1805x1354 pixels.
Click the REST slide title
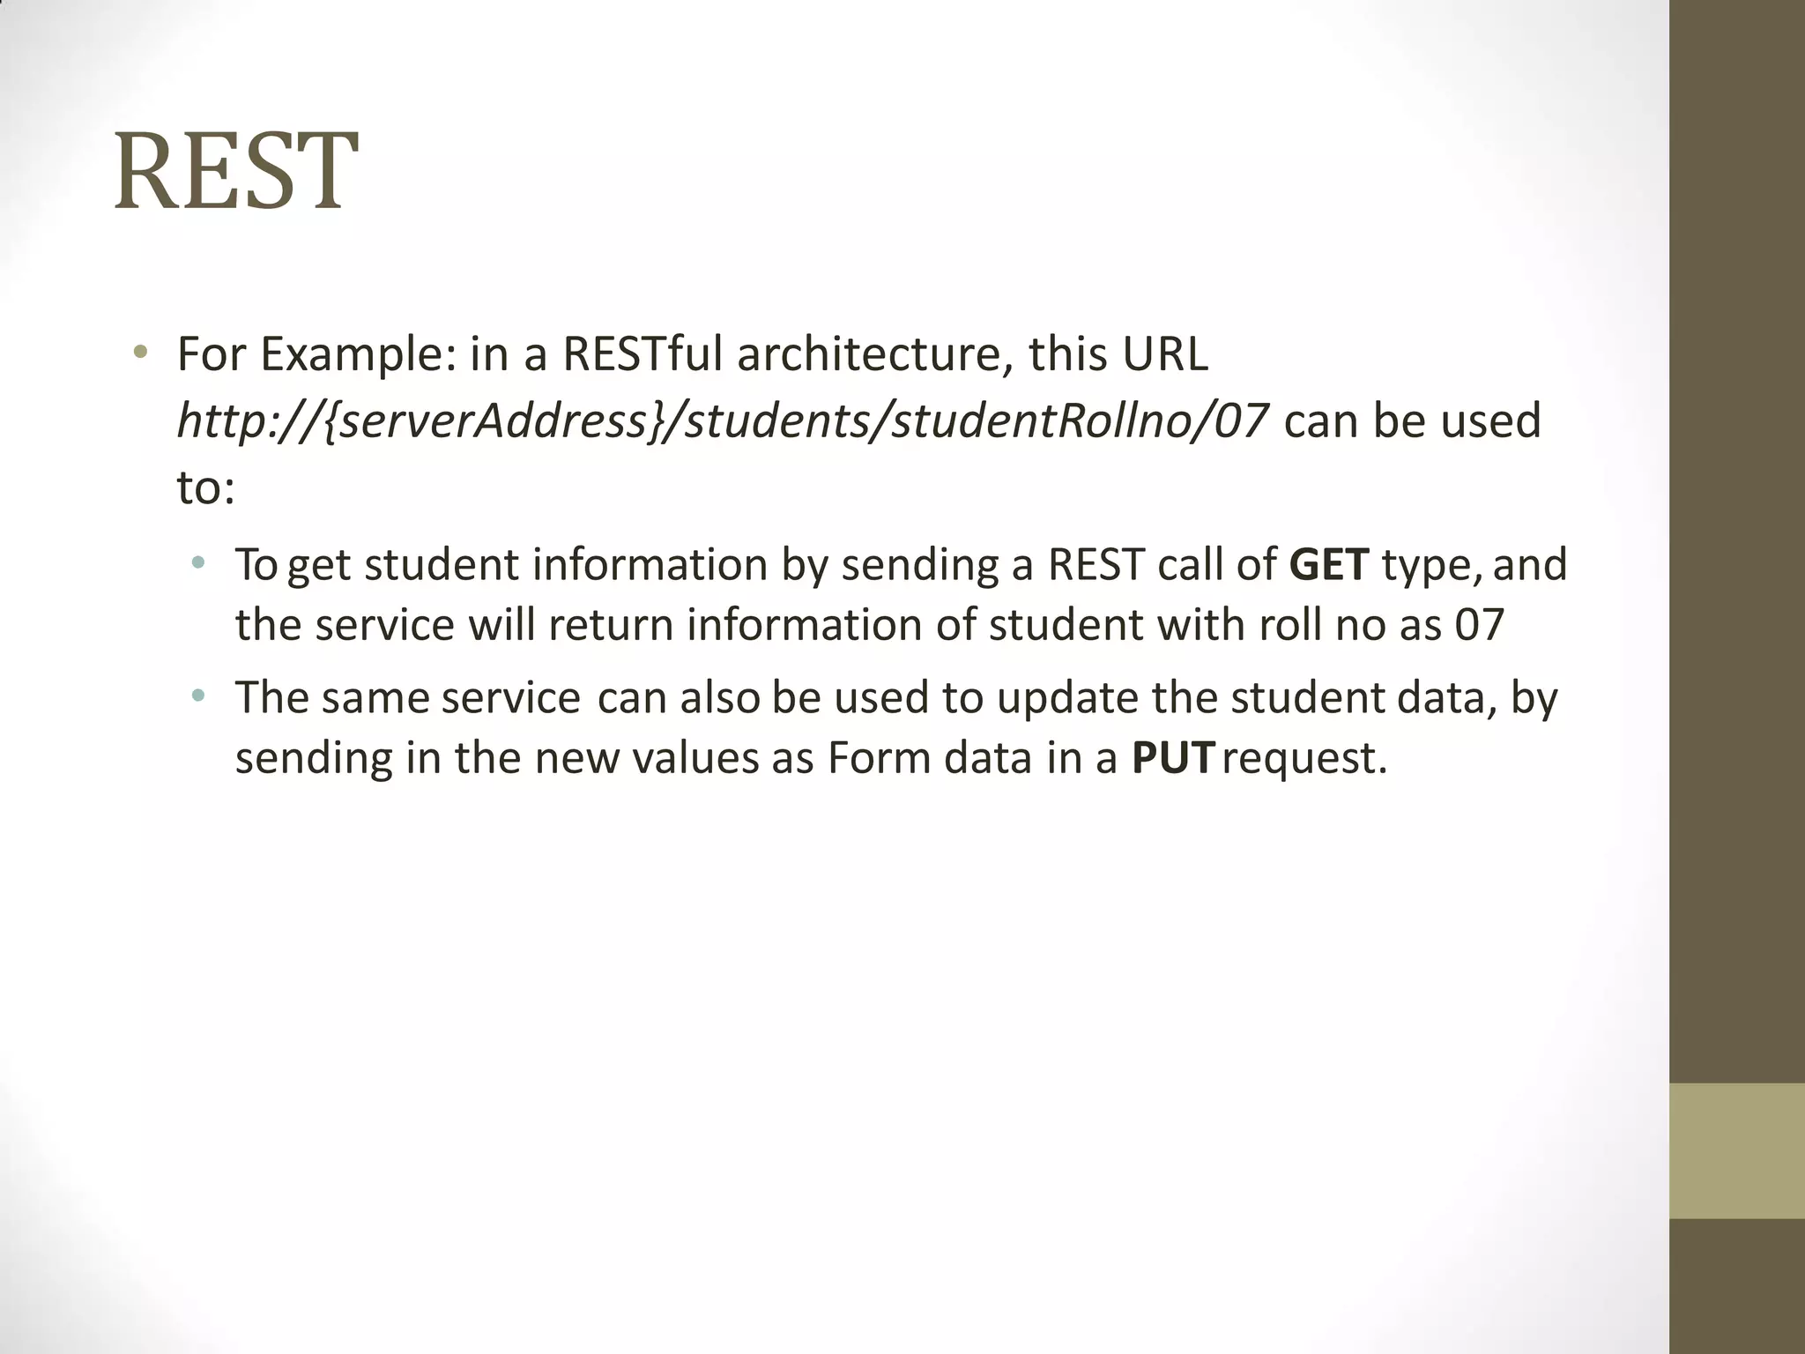(235, 172)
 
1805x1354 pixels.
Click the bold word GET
(1329, 565)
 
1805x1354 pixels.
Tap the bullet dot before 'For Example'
(139, 353)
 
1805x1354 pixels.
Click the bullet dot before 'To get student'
(198, 562)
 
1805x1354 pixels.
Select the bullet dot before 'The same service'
(198, 696)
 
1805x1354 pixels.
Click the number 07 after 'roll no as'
(1479, 625)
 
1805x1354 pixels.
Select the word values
(695, 758)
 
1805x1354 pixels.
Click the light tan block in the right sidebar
(1736, 1150)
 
